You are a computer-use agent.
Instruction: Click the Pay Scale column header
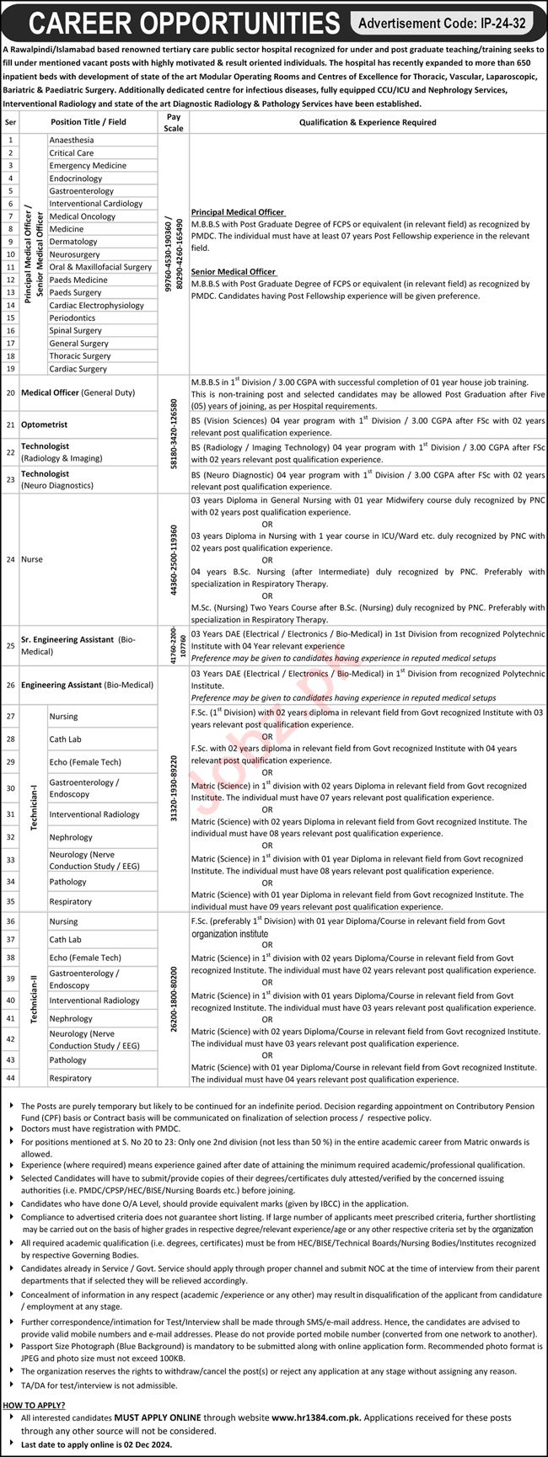(x=174, y=121)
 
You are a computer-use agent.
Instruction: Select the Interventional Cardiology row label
(x=96, y=204)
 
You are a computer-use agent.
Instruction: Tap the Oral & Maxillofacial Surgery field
(x=100, y=267)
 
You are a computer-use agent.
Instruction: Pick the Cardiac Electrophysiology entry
(x=96, y=305)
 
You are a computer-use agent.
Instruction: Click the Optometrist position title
(x=44, y=425)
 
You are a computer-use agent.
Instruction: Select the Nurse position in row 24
(x=33, y=559)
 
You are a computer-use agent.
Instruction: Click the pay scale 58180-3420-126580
(x=174, y=434)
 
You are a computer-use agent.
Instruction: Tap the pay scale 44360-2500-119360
(x=174, y=559)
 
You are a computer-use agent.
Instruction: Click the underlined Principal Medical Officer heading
(x=238, y=212)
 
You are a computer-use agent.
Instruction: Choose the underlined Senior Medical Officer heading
(x=234, y=271)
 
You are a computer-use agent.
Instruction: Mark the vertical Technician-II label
(x=34, y=999)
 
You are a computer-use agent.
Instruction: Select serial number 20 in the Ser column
(x=11, y=393)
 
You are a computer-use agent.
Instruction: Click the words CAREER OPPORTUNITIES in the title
(x=172, y=23)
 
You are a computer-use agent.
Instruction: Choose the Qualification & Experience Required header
(x=368, y=121)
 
